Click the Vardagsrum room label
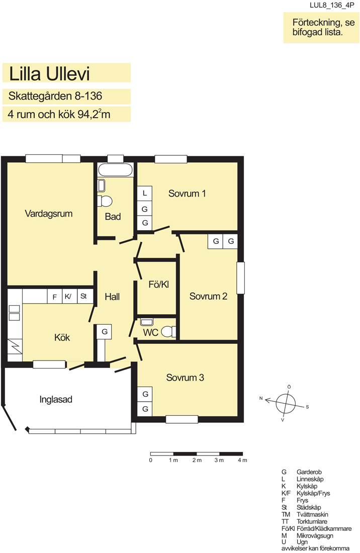tap(49, 214)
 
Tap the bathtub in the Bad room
tap(115, 170)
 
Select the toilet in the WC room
tap(168, 331)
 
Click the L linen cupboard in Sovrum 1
tap(145, 193)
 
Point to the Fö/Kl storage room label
tap(159, 285)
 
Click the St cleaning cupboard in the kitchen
tap(84, 296)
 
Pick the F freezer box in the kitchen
tap(55, 297)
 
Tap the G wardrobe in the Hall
tap(105, 331)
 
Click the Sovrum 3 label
tap(185, 378)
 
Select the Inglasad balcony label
tap(56, 400)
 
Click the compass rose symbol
tap(285, 403)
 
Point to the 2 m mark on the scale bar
tap(197, 460)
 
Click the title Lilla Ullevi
tap(49, 74)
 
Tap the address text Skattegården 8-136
tap(55, 96)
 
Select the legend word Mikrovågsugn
tap(315, 536)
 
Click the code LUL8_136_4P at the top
tap(332, 6)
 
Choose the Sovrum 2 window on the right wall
tap(240, 278)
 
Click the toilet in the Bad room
tap(105, 201)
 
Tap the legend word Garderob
tap(309, 472)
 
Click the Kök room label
tap(62, 337)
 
